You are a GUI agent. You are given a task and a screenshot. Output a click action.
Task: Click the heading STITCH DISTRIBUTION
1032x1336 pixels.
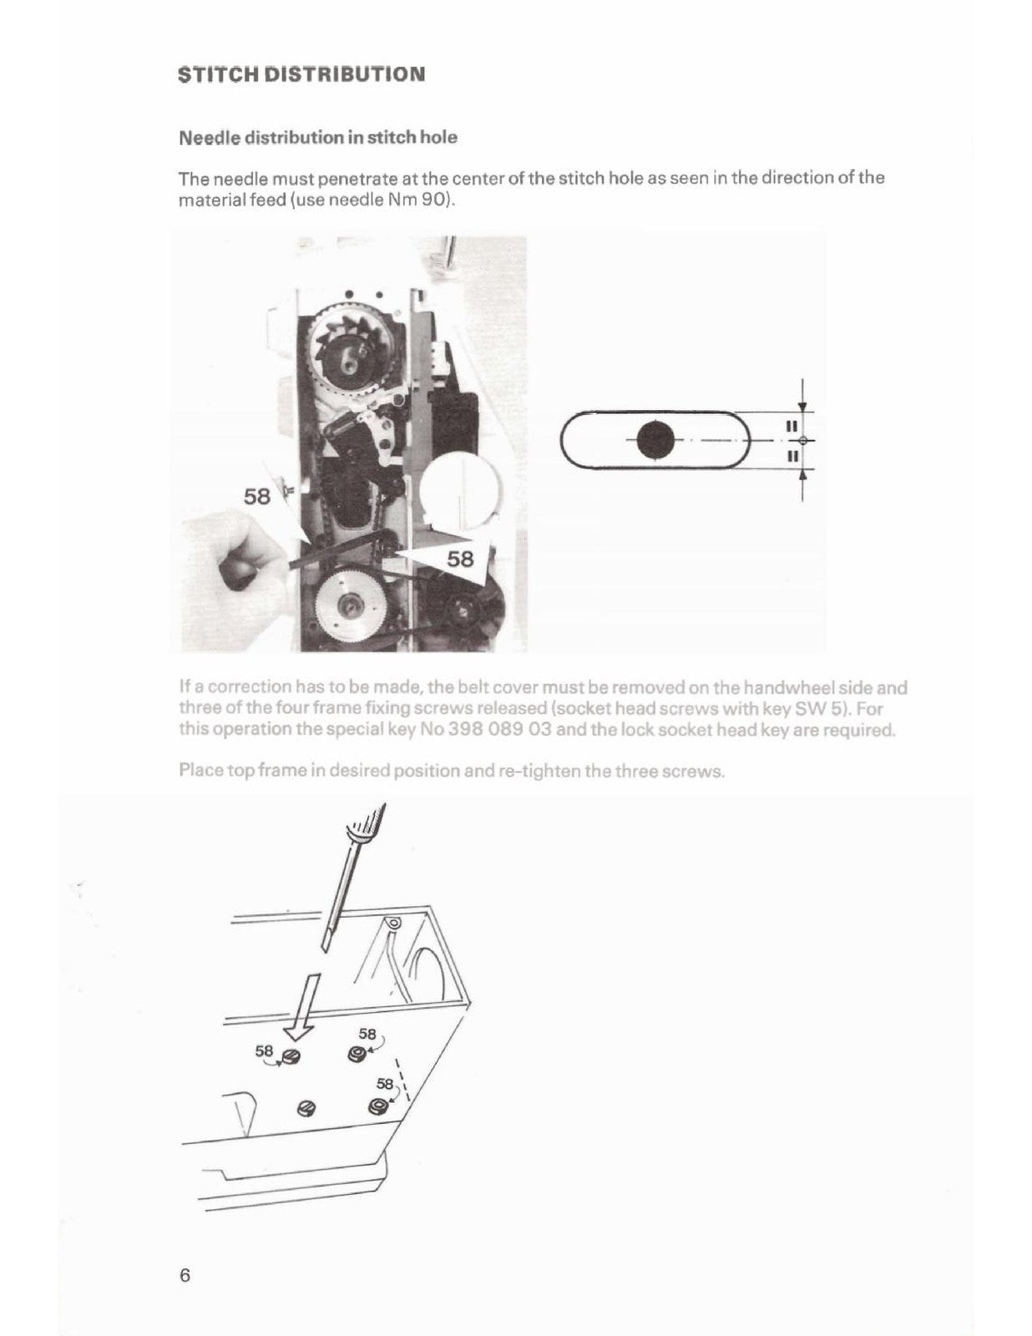[301, 73]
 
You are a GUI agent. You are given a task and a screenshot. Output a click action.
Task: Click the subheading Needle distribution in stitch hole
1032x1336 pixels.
[318, 137]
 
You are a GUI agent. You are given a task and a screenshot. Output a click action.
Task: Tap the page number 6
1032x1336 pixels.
[185, 1275]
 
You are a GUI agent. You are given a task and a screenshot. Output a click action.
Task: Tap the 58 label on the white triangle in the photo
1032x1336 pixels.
[459, 559]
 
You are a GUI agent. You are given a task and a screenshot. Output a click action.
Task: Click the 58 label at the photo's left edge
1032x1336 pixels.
[257, 497]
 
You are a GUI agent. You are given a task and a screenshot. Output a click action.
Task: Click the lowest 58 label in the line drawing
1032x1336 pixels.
[384, 1084]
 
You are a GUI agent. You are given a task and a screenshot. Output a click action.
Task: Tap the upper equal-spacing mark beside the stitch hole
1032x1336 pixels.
[787, 426]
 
